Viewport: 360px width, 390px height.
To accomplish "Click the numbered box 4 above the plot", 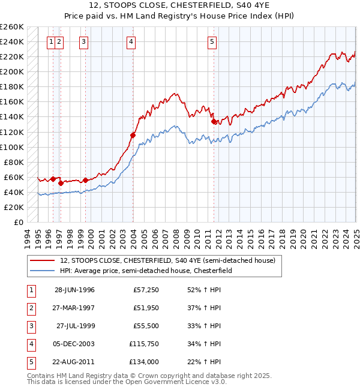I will tap(131, 41).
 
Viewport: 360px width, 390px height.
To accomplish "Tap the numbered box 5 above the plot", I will tap(212, 41).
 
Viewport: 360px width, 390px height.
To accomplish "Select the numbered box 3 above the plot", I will tap(83, 41).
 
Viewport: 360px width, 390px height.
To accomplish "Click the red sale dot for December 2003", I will tap(133, 135).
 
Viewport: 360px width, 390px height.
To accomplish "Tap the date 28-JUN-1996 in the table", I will tap(74, 290).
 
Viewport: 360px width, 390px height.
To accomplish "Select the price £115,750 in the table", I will tap(142, 344).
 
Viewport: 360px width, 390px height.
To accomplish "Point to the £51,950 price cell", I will tap(143, 308).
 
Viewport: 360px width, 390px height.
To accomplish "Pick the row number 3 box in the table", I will tap(31, 326).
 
